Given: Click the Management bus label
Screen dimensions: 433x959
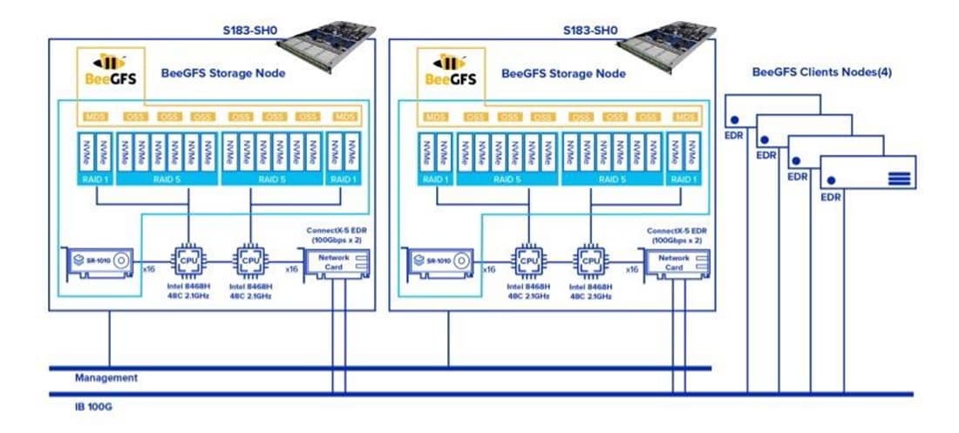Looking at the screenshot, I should (105, 378).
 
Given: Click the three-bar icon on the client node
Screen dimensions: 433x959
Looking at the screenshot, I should (899, 179).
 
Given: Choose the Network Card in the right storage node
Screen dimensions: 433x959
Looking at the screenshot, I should (675, 262).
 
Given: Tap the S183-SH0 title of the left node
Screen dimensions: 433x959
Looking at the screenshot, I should (250, 29).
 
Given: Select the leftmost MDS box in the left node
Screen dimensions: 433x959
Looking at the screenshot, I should (93, 117).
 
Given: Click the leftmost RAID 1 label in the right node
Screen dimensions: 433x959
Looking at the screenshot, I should (434, 179).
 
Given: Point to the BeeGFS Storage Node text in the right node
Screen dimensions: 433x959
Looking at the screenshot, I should (563, 73).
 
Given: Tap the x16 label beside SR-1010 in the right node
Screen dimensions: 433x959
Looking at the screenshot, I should (489, 270).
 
